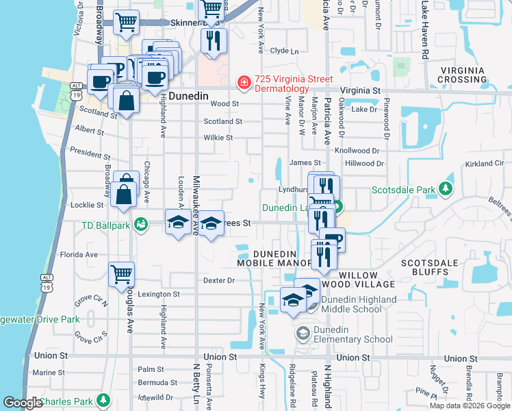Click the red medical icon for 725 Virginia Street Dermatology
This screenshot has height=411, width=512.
[243, 83]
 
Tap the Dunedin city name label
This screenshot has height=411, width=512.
[189, 97]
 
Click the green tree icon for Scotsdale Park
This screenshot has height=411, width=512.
[446, 189]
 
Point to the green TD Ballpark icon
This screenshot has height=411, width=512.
[141, 224]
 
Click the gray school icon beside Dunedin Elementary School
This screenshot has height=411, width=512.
[302, 334]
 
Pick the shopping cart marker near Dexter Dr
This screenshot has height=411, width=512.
[121, 274]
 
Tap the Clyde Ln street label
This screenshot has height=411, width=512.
[285, 51]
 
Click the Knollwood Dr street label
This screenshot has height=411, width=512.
[357, 150]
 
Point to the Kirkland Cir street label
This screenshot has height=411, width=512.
[483, 164]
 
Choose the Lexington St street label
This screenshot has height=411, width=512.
[159, 294]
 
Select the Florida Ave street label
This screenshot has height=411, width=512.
[79, 254]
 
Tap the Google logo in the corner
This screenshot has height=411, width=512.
[22, 403]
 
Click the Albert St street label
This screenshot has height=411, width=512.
[89, 129]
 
